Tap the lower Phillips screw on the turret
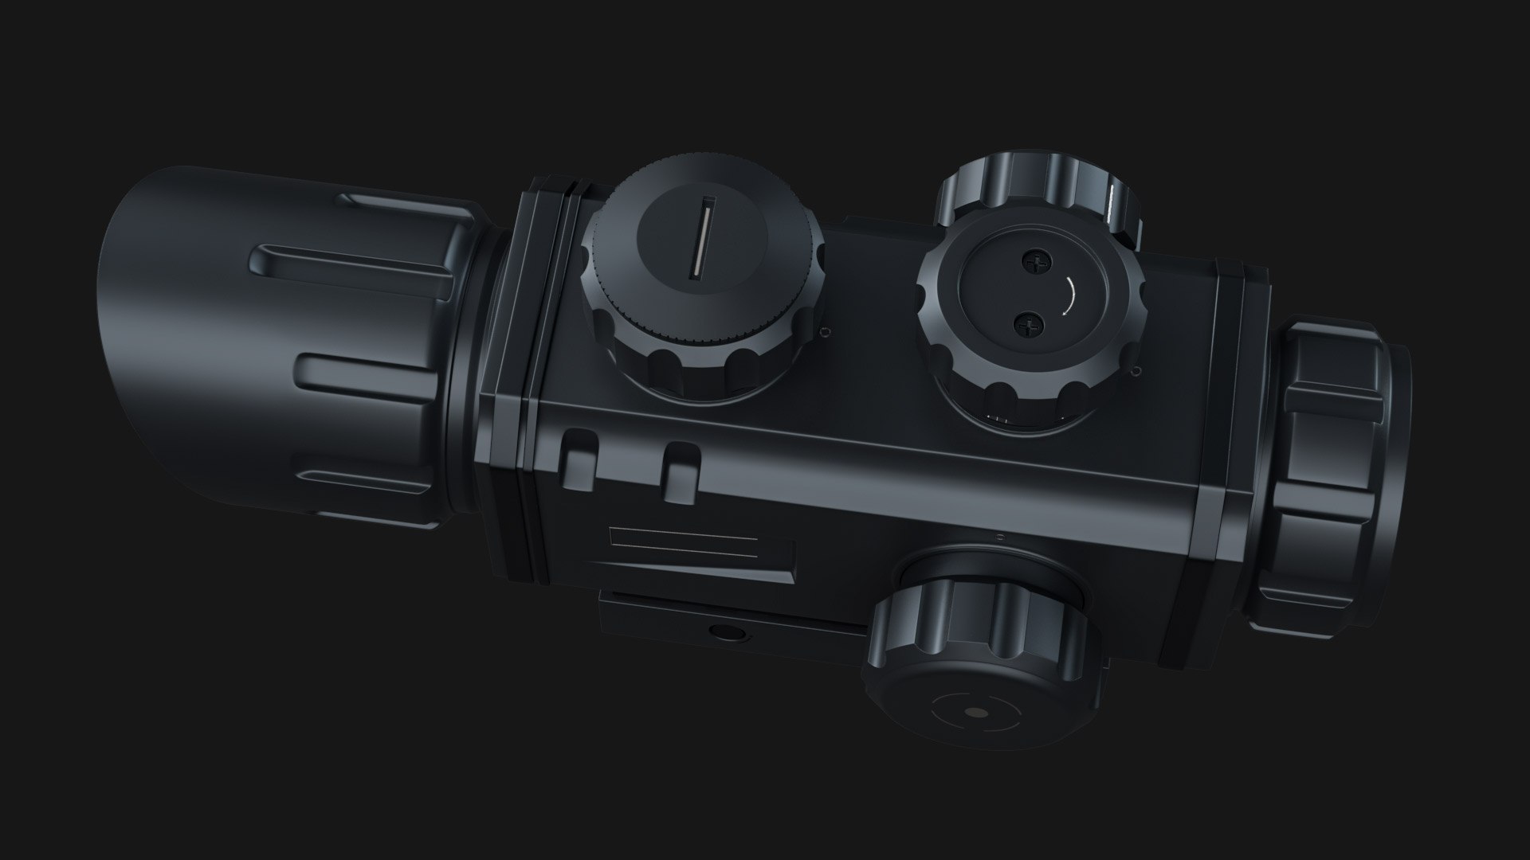[x=1029, y=322]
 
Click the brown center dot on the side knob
[x=974, y=714]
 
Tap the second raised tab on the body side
[x=682, y=475]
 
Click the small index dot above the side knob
[x=1000, y=535]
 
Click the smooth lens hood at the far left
[x=183, y=334]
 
